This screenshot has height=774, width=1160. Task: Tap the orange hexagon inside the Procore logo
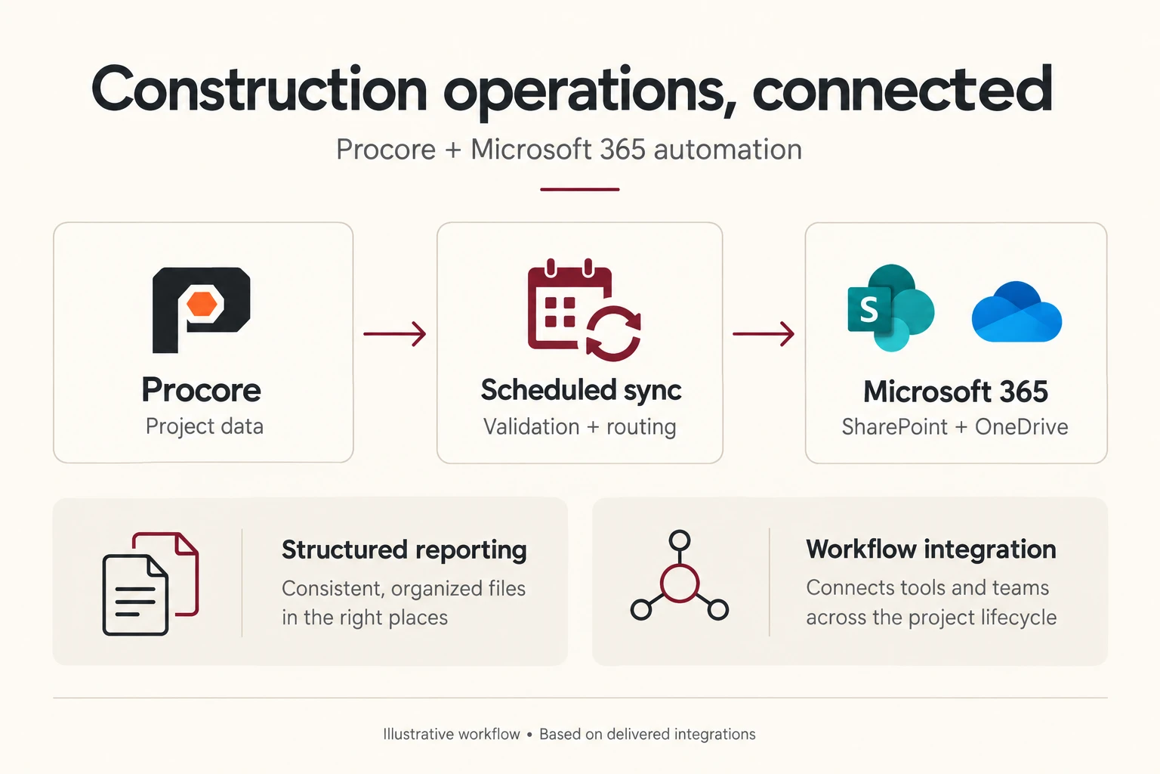(x=202, y=304)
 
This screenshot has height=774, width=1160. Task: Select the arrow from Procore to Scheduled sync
(x=395, y=334)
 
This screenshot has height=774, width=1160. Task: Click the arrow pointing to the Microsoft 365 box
(x=764, y=334)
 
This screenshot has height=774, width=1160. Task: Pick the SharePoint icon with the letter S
(x=890, y=308)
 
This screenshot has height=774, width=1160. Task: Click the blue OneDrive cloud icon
(x=1017, y=312)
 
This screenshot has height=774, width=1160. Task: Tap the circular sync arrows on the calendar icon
(x=614, y=333)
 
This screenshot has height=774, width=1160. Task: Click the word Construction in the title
(x=259, y=89)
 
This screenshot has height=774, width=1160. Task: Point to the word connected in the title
(x=902, y=88)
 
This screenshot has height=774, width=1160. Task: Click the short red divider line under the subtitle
(x=579, y=189)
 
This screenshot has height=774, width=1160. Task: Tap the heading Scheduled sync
(x=581, y=391)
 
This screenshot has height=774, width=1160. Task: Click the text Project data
(x=205, y=426)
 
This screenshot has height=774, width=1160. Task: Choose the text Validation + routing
(x=579, y=426)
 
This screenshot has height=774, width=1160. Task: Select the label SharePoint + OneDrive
(x=955, y=426)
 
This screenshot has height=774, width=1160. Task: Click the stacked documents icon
(x=150, y=584)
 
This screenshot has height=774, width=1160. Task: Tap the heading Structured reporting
(x=404, y=550)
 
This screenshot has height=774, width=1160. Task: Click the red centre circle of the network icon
(x=680, y=584)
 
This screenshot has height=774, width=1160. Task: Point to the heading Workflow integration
(x=930, y=550)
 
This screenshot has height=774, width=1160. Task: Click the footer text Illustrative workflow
(x=452, y=734)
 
